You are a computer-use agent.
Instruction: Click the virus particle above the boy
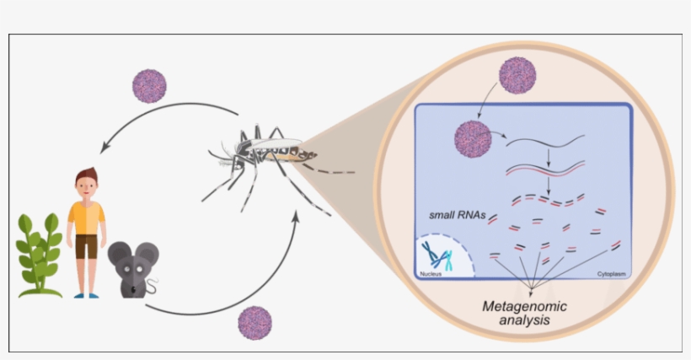150,85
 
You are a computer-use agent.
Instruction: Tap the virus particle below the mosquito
255,323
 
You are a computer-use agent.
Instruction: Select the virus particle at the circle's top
517,75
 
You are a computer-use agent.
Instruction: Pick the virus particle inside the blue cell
472,137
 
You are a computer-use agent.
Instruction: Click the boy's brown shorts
86,246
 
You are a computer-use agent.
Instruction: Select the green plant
38,253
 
